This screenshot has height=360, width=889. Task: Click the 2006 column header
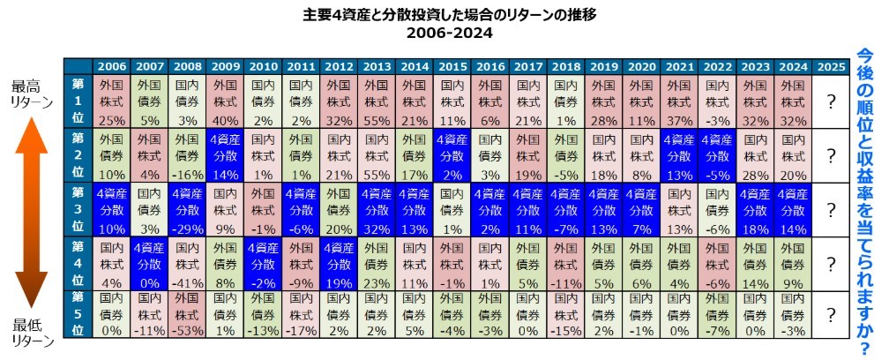click(111, 67)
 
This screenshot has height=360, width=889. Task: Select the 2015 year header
click(452, 67)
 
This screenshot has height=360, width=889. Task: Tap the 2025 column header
click(831, 67)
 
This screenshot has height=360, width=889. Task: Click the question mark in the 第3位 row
click(831, 209)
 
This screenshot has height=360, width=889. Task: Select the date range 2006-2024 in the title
click(444, 33)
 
